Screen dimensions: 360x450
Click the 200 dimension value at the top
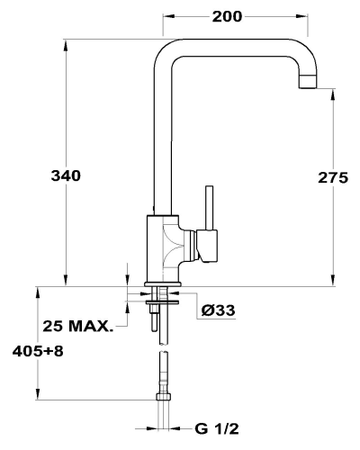227,17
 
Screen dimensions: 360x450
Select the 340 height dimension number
66,175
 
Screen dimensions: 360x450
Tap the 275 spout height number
333,177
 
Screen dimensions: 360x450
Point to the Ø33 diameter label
218,310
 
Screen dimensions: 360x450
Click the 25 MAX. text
78,326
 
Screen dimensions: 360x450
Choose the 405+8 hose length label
38,351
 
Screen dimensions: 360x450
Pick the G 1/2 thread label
217,429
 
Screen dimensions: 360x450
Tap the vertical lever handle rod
209,208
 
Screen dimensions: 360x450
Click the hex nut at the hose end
164,397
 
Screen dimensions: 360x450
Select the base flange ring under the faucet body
163,283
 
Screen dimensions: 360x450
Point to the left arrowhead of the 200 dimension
167,17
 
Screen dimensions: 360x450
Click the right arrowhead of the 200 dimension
302,17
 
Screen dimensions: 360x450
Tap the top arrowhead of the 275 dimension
333,95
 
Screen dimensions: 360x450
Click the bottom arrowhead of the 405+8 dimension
38,394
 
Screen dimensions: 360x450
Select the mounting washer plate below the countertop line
163,301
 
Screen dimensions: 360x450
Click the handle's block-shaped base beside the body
208,246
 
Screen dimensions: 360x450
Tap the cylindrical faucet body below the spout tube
162,248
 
